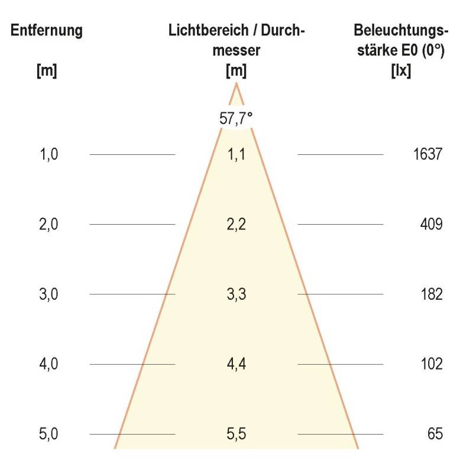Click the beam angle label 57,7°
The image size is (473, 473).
tap(237, 118)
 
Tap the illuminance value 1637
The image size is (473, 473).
tap(428, 155)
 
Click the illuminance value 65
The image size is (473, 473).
tap(435, 434)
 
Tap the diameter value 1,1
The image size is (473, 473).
tap(237, 155)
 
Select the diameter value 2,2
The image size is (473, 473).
tap(237, 225)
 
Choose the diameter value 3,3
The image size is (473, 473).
tap(237, 294)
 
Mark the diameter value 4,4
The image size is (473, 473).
tap(237, 364)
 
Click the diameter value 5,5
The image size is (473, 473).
tap(237, 434)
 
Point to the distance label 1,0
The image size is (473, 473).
tap(48, 155)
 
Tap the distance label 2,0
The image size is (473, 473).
tap(48, 225)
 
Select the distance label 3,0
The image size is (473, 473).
tap(48, 294)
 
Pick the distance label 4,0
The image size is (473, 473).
tap(48, 364)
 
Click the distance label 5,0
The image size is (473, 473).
tap(48, 434)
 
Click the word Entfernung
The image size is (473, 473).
tap(46, 30)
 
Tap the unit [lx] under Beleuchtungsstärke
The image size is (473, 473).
tap(401, 71)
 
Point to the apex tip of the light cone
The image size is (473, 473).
tap(237, 84)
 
